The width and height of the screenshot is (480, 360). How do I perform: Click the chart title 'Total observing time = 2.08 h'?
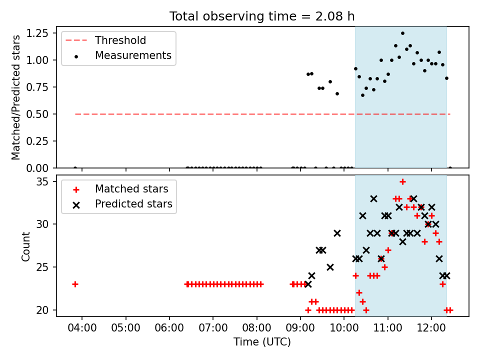(262, 16)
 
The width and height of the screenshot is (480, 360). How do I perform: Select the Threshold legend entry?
(105, 40)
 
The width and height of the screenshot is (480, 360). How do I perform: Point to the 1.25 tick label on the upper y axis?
(37, 33)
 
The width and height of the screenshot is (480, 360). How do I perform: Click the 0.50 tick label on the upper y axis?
(37, 114)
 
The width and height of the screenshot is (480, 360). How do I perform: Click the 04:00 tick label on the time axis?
(82, 328)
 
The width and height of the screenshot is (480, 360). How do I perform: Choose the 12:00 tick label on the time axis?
(431, 328)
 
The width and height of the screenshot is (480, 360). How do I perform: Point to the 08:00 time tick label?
(257, 328)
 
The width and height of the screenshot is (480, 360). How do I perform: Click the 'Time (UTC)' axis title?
(262, 341)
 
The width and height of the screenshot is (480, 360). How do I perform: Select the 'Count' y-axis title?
(25, 246)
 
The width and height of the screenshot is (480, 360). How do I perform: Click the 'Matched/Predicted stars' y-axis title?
(15, 97)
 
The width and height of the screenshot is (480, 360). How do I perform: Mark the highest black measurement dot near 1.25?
(402, 33)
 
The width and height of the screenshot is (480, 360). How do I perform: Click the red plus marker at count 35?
(402, 182)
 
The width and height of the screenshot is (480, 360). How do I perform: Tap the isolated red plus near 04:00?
(75, 284)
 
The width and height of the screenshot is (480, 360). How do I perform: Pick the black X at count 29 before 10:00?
(337, 233)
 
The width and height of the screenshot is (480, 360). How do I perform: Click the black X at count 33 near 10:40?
(373, 199)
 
